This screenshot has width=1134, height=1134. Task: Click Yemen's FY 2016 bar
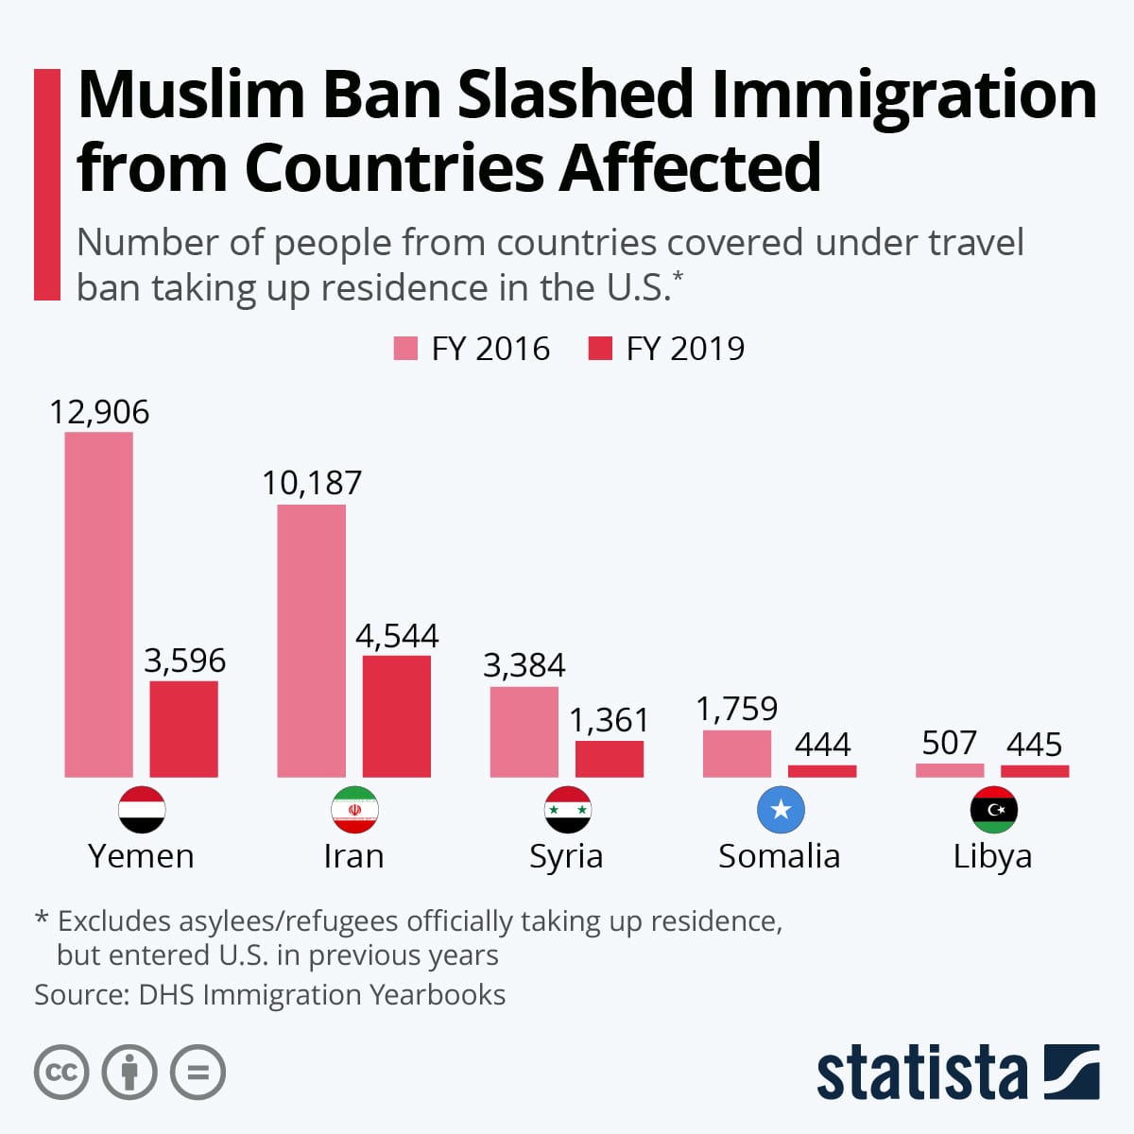[98, 605]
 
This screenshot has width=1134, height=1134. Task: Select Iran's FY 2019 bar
[397, 716]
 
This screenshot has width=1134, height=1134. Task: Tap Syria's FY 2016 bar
[524, 731]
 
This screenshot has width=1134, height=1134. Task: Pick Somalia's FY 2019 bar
[822, 771]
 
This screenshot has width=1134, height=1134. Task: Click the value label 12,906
[99, 412]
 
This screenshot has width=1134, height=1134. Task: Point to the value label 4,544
[397, 636]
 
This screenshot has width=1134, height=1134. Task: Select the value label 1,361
[609, 720]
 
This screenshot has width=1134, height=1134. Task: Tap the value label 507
[949, 743]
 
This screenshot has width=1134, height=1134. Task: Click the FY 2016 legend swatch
[405, 349]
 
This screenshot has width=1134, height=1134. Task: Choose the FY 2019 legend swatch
[600, 349]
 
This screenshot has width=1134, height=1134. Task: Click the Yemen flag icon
[142, 810]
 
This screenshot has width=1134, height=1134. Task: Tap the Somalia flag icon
[781, 810]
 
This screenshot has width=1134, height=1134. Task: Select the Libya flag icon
[993, 810]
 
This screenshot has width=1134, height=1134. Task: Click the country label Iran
[353, 856]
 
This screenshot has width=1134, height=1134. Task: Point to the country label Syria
[566, 856]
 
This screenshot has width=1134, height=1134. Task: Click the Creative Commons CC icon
[61, 1073]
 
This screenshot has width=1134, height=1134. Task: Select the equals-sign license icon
[198, 1073]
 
